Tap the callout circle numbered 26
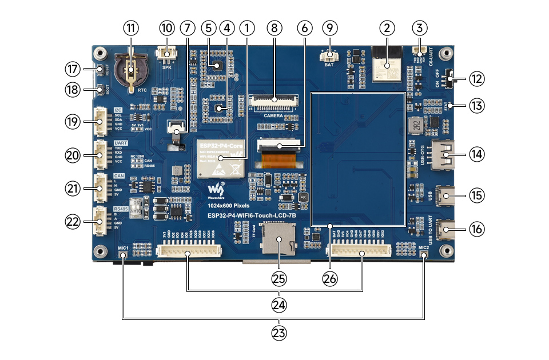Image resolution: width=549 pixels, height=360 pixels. pos(331,278)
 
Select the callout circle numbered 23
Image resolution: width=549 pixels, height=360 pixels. pos(279,333)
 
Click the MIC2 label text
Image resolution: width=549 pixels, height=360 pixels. pos(423,247)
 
